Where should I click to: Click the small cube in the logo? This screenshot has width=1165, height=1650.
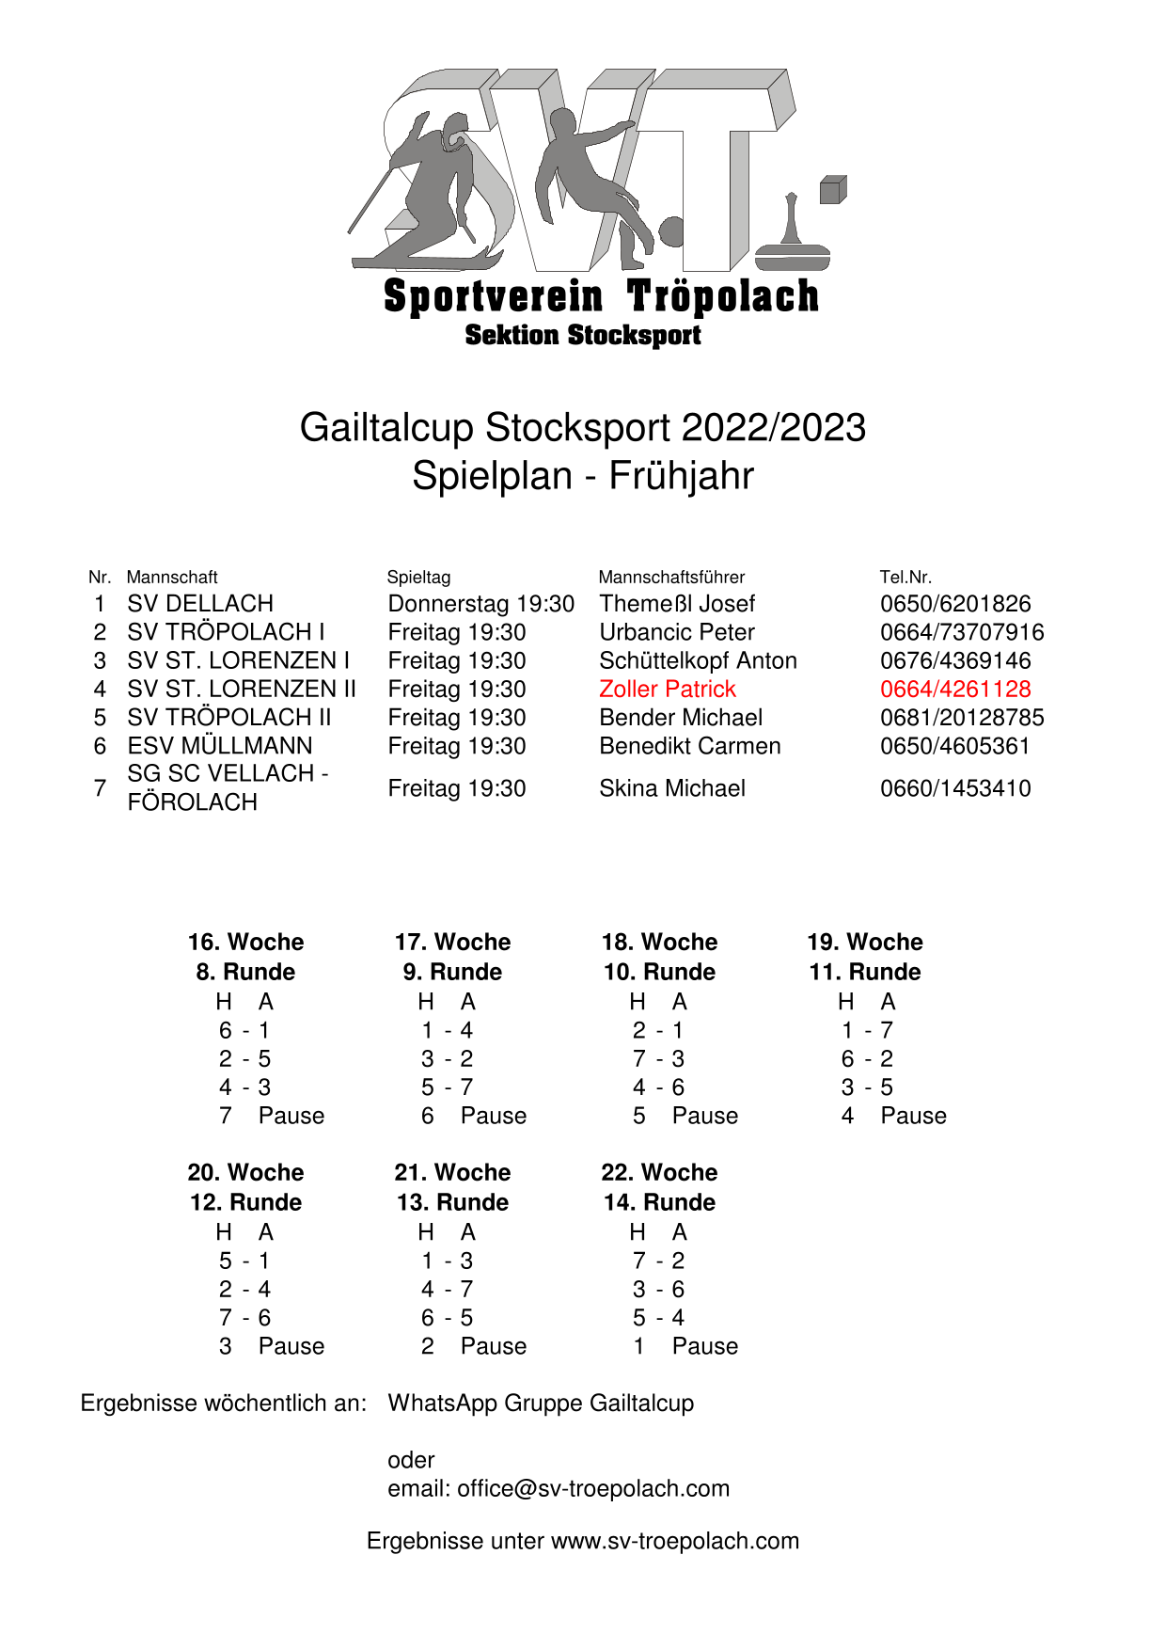(832, 189)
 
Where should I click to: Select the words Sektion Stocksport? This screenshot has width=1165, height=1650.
(583, 335)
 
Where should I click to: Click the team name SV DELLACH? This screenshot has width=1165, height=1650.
(200, 604)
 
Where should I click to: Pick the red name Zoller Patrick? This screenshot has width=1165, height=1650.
(667, 690)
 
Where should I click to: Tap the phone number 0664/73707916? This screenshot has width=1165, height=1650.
(961, 632)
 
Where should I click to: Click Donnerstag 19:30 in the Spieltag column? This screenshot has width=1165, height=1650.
(480, 604)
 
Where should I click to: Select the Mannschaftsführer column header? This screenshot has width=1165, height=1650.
(671, 577)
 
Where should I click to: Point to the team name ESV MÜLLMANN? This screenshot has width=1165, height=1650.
(220, 746)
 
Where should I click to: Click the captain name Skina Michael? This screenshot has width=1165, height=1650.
(672, 788)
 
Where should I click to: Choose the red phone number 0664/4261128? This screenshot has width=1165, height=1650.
(955, 690)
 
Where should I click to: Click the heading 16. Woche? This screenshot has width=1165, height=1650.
(245, 942)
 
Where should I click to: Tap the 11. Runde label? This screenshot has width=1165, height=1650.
(865, 972)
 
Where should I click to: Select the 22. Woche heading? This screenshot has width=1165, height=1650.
(659, 1172)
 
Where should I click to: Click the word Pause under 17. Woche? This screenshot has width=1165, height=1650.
(494, 1116)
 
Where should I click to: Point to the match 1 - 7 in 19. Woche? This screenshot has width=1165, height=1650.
(867, 1030)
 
